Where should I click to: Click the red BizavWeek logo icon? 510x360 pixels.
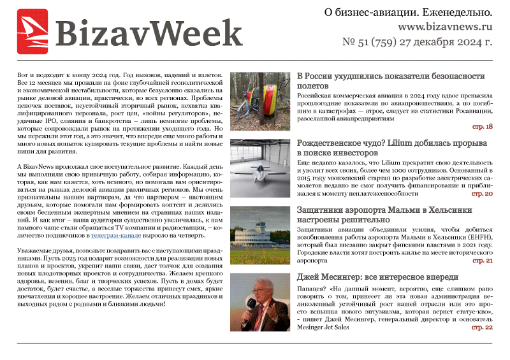click(x=32, y=32)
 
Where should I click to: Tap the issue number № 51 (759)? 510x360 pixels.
click(x=375, y=43)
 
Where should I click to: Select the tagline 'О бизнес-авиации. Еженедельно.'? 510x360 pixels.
click(x=409, y=12)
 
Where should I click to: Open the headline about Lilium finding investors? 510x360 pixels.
click(x=392, y=148)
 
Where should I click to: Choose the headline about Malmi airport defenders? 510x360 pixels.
click(x=393, y=215)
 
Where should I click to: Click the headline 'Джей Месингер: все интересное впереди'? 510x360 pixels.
click(x=377, y=278)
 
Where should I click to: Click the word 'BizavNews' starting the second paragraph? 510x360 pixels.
click(x=43, y=166)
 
